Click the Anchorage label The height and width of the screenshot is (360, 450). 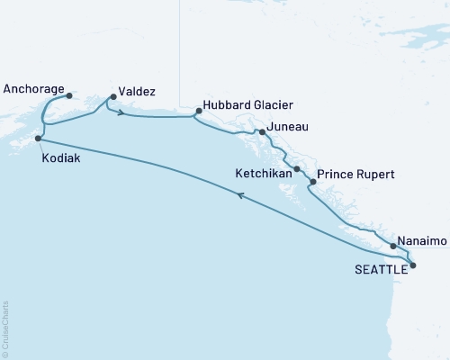point(33,90)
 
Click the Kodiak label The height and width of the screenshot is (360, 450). point(59,155)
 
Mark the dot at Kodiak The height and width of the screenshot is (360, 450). point(38,139)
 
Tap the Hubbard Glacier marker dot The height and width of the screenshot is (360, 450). point(197,112)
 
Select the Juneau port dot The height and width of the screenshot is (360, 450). point(261,132)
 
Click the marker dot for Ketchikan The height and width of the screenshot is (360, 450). point(297,168)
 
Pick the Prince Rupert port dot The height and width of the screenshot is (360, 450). point(312,183)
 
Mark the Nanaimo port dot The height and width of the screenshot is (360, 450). point(393,245)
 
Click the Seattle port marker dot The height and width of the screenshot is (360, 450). point(413,265)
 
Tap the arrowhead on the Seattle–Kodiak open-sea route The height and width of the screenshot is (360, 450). point(239,204)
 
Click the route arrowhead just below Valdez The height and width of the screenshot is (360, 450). point(120,113)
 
